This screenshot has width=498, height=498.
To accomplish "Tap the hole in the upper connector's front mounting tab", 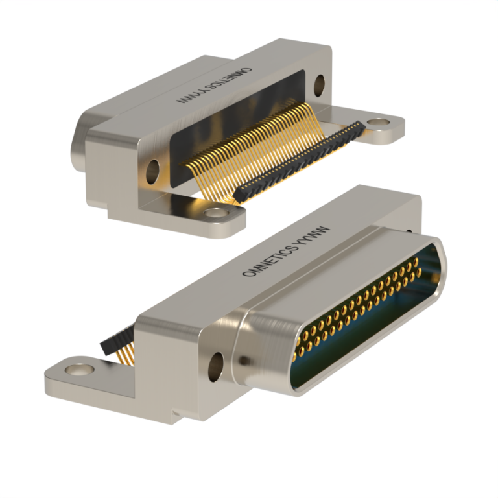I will [213, 212].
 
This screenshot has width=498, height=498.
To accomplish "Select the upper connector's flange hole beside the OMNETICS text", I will [319, 82].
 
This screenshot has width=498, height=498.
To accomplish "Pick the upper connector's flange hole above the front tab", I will [153, 171].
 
